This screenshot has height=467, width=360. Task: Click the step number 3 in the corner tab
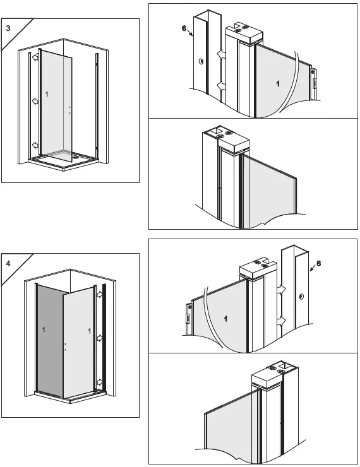(x=8, y=28)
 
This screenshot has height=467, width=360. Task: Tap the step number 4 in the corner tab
(x=8, y=263)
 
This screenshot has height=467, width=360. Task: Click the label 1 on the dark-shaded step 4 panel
(x=42, y=330)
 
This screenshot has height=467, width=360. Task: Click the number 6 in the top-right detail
(x=184, y=29)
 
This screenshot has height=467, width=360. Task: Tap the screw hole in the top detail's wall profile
(x=200, y=62)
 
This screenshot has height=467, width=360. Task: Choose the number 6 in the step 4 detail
(x=318, y=264)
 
